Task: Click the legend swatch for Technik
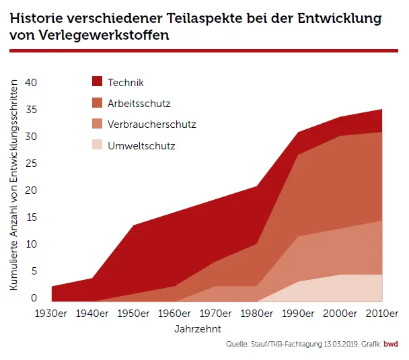click(97, 82)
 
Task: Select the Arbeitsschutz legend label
click(139, 104)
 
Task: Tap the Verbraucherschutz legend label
click(151, 124)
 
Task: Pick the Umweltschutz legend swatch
click(97, 145)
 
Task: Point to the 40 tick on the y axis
click(31, 83)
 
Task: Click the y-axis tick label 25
click(31, 164)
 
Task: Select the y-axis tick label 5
click(34, 271)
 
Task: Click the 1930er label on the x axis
click(52, 314)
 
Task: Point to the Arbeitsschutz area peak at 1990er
click(299, 155)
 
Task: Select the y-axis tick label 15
click(31, 217)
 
